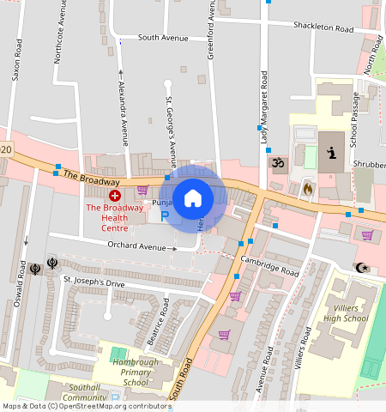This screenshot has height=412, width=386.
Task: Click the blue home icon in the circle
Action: [193, 198]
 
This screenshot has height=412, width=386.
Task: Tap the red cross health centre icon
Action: [115, 197]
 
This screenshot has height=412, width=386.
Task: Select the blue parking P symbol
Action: [165, 215]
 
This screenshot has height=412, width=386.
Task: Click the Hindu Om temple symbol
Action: [277, 162]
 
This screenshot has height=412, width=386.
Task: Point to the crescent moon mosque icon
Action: [363, 268]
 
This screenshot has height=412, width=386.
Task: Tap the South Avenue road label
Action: [162, 39]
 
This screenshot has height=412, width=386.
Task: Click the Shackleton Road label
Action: [323, 29]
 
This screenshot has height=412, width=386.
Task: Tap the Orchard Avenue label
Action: [136, 247]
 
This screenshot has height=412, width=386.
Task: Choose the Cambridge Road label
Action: [269, 266]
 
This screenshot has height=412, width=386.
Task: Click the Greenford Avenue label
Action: [210, 30]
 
